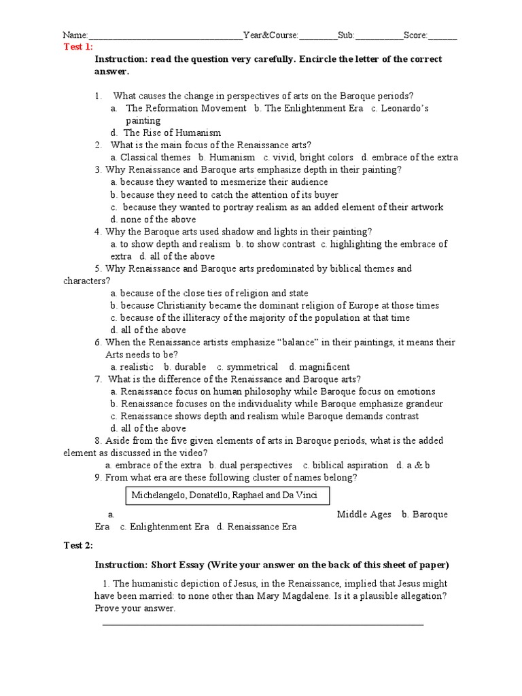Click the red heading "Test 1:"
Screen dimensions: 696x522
coord(78,46)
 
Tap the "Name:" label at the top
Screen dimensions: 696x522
coord(75,35)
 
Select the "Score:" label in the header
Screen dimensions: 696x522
coord(415,35)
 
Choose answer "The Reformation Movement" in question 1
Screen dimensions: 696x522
coord(186,108)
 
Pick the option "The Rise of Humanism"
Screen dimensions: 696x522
coord(171,133)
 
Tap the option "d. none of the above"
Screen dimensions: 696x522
coord(153,220)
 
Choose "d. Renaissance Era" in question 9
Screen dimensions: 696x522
coord(256,527)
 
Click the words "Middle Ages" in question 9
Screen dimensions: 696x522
coord(364,515)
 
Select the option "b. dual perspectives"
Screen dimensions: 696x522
coord(251,465)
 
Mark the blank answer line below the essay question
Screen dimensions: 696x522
coord(262,624)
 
